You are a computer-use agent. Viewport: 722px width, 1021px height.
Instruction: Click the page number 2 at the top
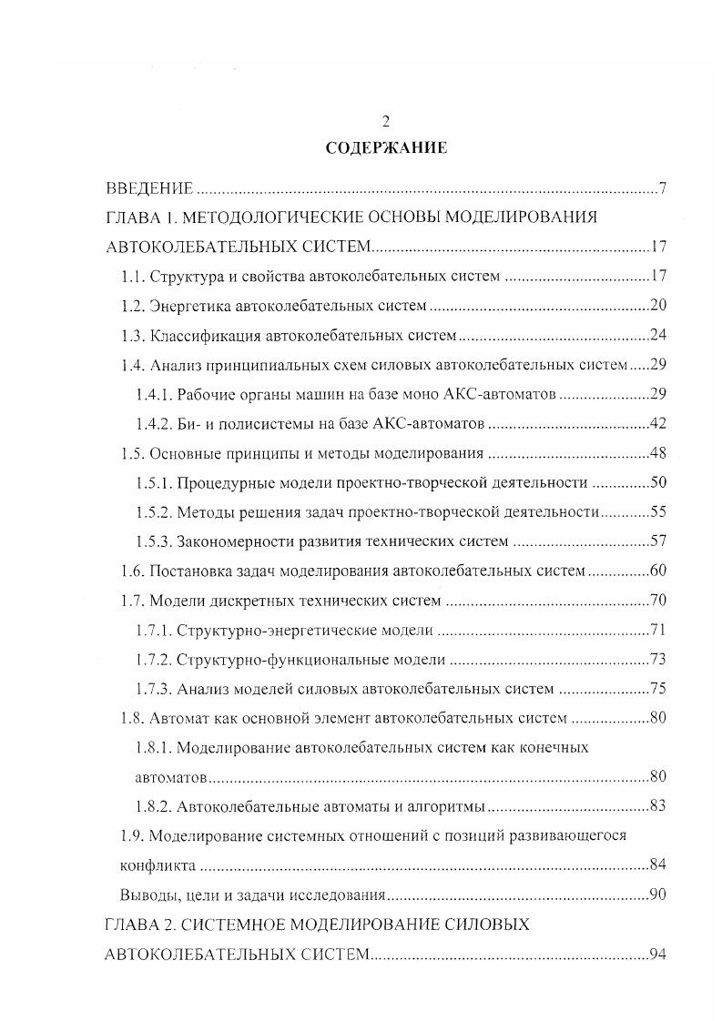coord(386,120)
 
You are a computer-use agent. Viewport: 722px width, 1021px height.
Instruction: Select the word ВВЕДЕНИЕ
coord(149,189)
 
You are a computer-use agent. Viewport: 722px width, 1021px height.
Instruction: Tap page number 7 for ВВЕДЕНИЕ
coord(664,189)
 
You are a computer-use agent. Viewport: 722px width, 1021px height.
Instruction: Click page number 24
coord(659,335)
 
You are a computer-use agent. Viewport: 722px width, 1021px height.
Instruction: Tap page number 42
coord(659,423)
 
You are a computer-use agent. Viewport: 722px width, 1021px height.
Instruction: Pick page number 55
coord(659,511)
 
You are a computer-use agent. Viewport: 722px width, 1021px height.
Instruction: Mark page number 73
coord(659,659)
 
